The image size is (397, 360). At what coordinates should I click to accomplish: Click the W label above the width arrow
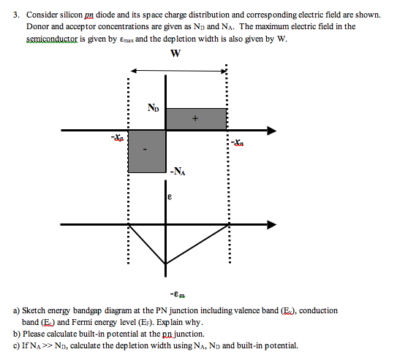coord(175,53)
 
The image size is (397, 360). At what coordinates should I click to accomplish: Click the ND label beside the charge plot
coord(152,108)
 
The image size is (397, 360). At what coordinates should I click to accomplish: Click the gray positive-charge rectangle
coord(196,118)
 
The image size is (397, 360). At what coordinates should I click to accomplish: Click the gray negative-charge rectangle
coord(147,151)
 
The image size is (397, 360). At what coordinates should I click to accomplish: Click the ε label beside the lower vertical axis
coord(170,196)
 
